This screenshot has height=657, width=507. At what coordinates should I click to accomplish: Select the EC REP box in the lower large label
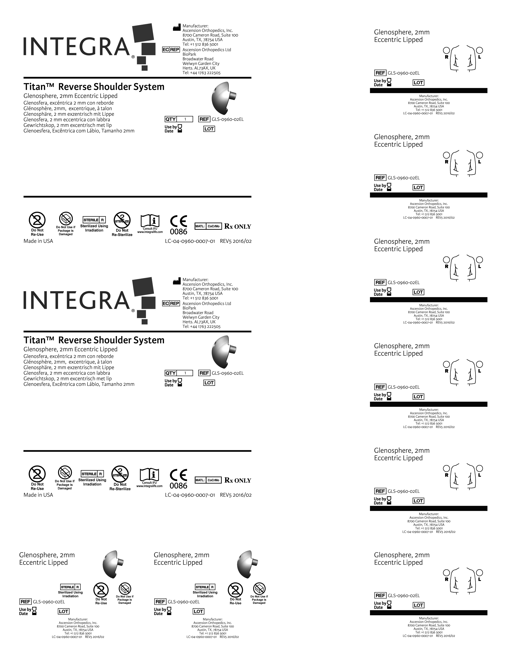[171, 303]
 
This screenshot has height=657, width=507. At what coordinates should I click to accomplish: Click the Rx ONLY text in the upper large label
[238, 226]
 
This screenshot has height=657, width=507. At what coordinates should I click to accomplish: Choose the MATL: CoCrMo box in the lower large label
[208, 480]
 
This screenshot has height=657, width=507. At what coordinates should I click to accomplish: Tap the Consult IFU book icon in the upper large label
[150, 221]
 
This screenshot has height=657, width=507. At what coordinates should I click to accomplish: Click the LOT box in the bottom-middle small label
[198, 611]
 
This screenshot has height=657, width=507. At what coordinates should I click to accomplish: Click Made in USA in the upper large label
[38, 241]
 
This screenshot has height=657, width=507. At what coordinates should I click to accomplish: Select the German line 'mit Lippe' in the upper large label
[69, 114]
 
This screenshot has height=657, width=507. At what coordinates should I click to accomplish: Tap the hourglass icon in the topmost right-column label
[389, 82]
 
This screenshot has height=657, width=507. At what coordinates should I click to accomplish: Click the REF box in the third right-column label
[380, 282]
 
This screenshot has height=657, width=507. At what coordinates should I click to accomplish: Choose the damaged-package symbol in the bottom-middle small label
[259, 589]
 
